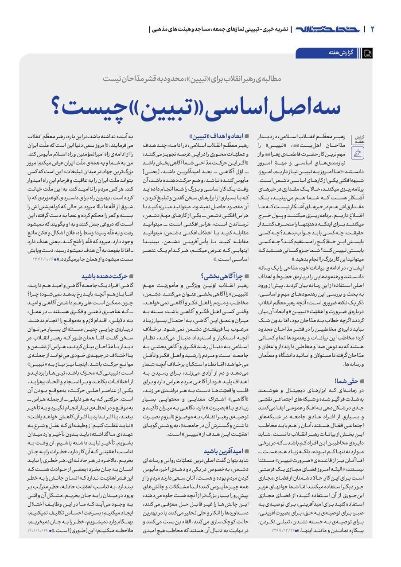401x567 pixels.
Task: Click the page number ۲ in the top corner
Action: (373, 30)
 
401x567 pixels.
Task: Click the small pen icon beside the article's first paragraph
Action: (358, 153)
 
